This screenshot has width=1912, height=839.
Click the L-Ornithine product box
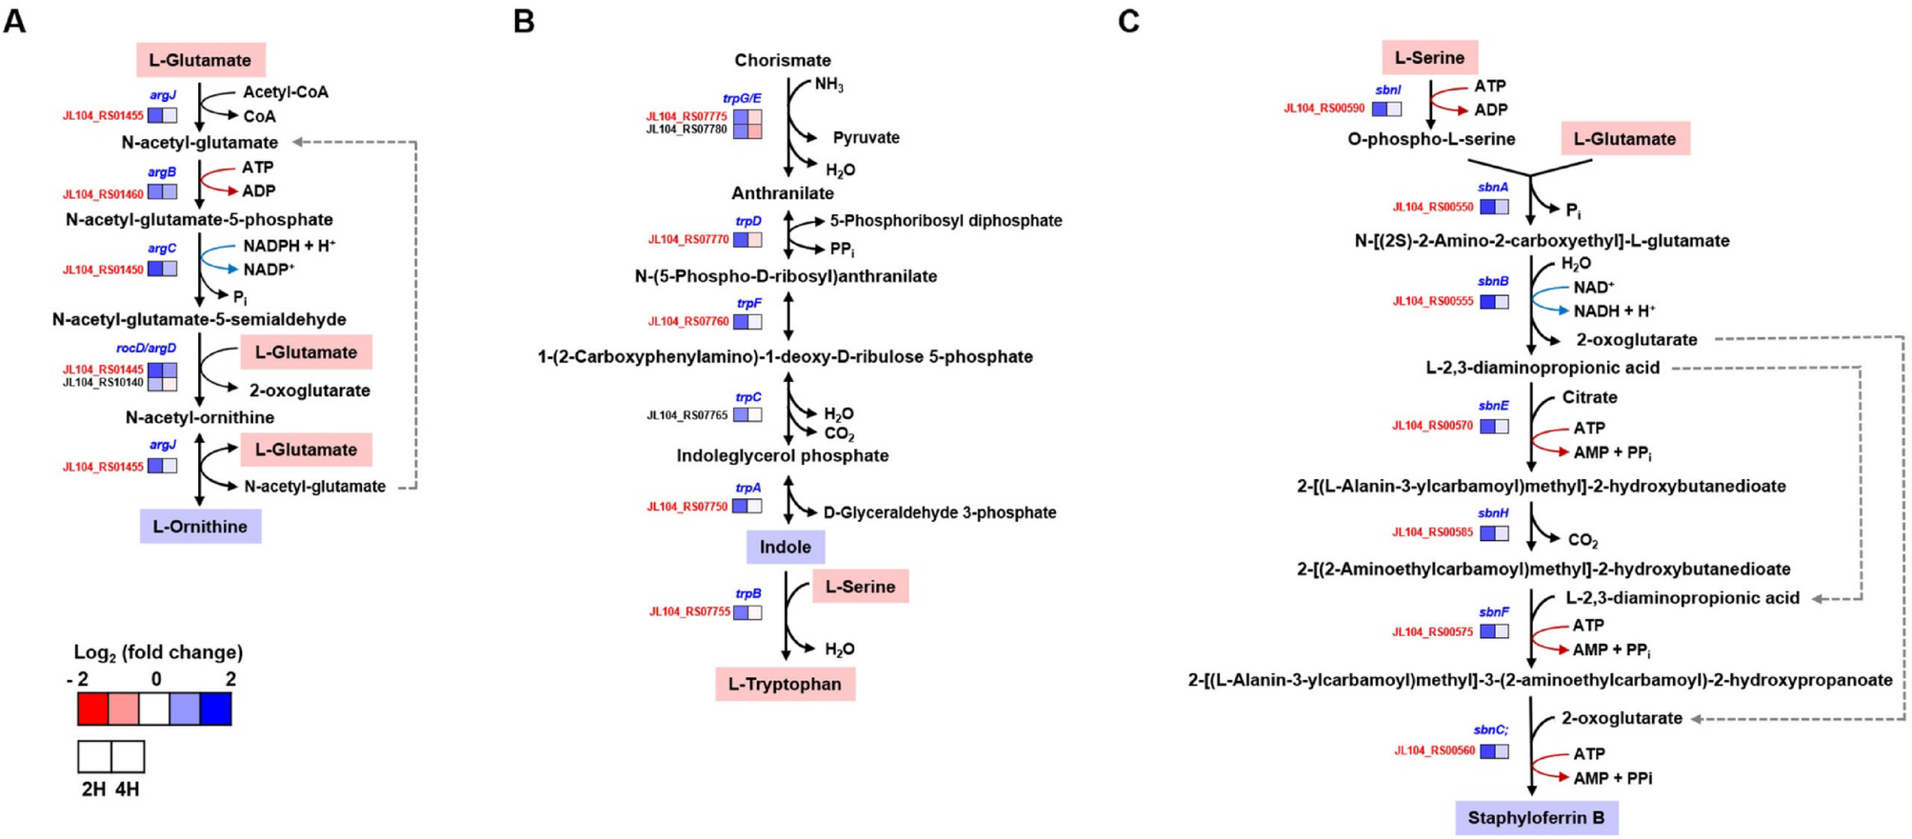pyautogui.click(x=200, y=527)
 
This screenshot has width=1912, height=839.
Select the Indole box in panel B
pyautogui.click(x=785, y=547)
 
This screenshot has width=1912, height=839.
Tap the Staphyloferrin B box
pyautogui.click(x=1535, y=817)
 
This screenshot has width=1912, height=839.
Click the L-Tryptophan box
pyautogui.click(x=785, y=684)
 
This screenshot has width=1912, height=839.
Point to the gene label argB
pyautogui.click(x=162, y=172)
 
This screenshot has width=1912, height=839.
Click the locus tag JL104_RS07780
pyautogui.click(x=687, y=130)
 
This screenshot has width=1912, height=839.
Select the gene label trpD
pyautogui.click(x=748, y=221)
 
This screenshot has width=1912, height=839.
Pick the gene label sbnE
pyautogui.click(x=1493, y=406)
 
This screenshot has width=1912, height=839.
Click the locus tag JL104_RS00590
pyautogui.click(x=1324, y=109)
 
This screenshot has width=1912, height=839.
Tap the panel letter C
pyautogui.click(x=1128, y=21)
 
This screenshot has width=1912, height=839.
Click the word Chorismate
pyautogui.click(x=782, y=60)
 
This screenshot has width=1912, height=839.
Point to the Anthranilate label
pyautogui.click(x=782, y=193)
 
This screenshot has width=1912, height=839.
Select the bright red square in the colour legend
pyautogui.click(x=92, y=709)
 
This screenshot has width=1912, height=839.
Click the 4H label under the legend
pyautogui.click(x=127, y=789)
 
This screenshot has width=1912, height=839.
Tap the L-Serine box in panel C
pyautogui.click(x=1428, y=57)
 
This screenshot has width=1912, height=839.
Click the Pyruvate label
pyautogui.click(x=866, y=138)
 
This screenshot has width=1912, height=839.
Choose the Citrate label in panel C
pyautogui.click(x=1588, y=397)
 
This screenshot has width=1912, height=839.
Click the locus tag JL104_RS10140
pyautogui.click(x=103, y=383)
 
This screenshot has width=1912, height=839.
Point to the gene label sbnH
pyautogui.click(x=1493, y=513)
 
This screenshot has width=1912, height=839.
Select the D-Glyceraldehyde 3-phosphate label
pyautogui.click(x=939, y=512)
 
